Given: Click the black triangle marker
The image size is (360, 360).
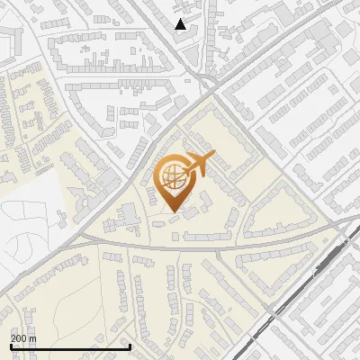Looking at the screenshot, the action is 181,24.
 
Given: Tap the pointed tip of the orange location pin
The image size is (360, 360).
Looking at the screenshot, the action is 174,212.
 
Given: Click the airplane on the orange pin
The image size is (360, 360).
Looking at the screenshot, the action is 197,166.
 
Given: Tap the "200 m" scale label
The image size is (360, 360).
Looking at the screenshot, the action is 23,338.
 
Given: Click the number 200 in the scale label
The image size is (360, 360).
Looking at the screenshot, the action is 19,338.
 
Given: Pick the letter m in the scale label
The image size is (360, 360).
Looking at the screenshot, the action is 32,338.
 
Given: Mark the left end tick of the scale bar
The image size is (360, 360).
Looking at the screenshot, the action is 11,345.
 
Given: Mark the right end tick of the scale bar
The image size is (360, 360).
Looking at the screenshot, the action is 130,345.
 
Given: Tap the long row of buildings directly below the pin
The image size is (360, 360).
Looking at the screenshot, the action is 207,236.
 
